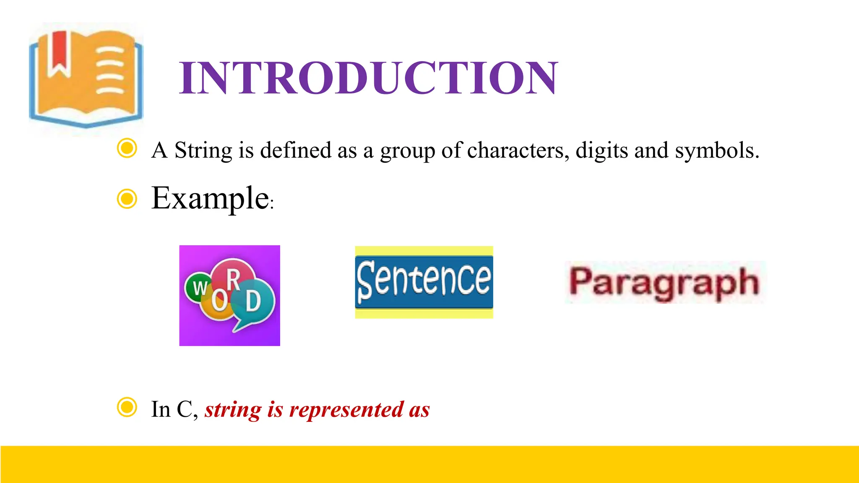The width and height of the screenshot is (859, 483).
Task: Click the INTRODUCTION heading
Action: pos(368,78)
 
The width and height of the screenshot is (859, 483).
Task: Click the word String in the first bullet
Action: pos(203,150)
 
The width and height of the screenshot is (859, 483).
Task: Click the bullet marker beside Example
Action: pos(127,198)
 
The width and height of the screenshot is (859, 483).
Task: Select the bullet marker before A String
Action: pos(127,148)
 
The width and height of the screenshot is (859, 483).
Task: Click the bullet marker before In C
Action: pos(127,407)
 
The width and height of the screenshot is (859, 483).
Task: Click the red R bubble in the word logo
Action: pos(233,277)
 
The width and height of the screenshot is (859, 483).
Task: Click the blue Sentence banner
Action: pos(424,282)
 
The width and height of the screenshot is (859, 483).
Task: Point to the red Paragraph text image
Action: pos(664,283)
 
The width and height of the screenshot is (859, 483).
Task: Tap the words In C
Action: pos(174,410)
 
